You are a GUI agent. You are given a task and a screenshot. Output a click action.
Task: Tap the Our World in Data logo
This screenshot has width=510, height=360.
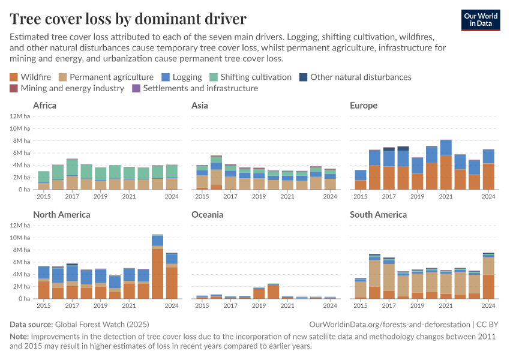480,20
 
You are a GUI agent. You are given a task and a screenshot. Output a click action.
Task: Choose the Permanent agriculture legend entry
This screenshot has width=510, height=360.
106,77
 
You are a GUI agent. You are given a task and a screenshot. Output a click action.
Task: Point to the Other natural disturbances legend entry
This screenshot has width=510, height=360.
355,77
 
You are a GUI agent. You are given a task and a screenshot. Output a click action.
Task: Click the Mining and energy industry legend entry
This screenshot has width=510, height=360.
67,88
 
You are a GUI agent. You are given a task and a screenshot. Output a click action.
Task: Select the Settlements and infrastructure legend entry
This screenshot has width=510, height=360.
194,88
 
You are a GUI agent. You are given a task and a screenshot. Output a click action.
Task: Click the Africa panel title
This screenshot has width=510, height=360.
45,106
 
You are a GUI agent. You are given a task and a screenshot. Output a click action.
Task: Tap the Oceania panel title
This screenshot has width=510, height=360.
207,215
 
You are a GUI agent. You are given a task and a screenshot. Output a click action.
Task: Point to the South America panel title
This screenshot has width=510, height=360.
378,215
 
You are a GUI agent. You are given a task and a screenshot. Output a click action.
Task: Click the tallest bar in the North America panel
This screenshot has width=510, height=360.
158,267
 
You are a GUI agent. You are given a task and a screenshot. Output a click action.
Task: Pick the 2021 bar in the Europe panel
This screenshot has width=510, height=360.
445,165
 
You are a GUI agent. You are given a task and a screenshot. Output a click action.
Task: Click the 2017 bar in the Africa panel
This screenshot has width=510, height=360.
72,174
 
